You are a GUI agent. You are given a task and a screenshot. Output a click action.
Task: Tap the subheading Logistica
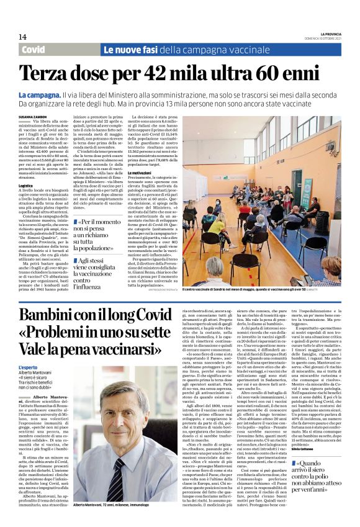[x=25, y=185]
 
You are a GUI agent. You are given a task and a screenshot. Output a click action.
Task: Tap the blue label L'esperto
[x=28, y=367]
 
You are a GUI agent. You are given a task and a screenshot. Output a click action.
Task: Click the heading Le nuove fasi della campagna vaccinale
[x=186, y=49]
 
